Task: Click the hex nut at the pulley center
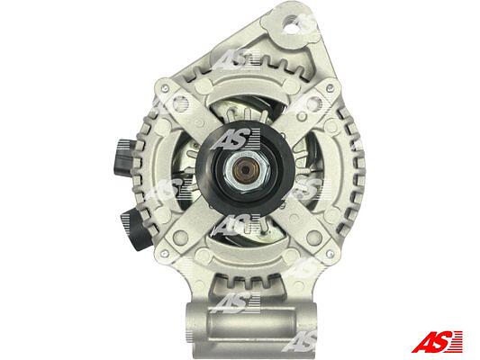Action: point(247,171)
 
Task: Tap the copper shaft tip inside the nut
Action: point(246,171)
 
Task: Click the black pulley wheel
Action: point(246,169)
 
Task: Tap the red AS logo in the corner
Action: point(437,341)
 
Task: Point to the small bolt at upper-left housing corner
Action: point(165,88)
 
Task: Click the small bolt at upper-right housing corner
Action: point(330,89)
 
